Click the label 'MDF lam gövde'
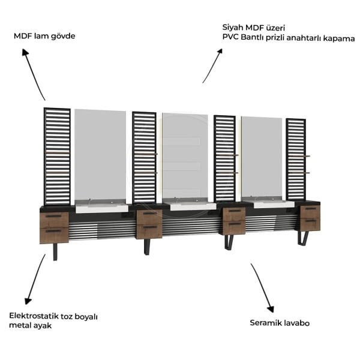(44, 36)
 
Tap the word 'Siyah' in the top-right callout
(233, 28)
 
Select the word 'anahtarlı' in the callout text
(304, 38)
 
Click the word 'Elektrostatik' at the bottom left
(34, 316)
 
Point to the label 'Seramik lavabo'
(280, 323)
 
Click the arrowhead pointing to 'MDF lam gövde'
(25, 52)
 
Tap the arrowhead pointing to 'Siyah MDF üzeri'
(220, 52)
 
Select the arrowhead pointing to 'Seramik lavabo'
(271, 309)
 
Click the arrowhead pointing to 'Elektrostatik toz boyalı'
(28, 301)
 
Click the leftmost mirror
(100, 155)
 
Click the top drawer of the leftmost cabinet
(54, 220)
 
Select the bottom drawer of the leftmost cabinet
(54, 235)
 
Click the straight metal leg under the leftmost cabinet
(55, 251)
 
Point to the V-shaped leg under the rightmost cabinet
(302, 238)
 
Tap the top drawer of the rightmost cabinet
(310, 212)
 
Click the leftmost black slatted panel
(57, 157)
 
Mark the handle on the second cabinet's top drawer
(149, 213)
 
